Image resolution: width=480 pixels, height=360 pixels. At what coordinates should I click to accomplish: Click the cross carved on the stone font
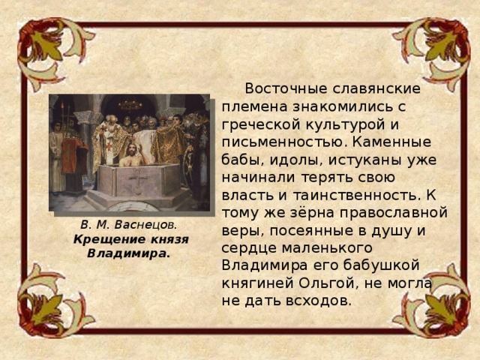point(138,181)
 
